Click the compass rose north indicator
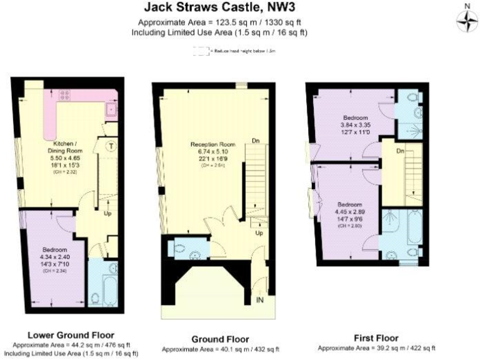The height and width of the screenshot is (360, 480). point(466,21)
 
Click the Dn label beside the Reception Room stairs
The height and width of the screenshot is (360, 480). point(255,141)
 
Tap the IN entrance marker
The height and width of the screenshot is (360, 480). point(260,301)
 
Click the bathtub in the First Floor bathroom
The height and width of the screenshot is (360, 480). point(413,229)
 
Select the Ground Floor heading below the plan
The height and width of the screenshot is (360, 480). point(221,339)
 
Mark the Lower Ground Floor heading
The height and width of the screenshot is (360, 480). point(71,335)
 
